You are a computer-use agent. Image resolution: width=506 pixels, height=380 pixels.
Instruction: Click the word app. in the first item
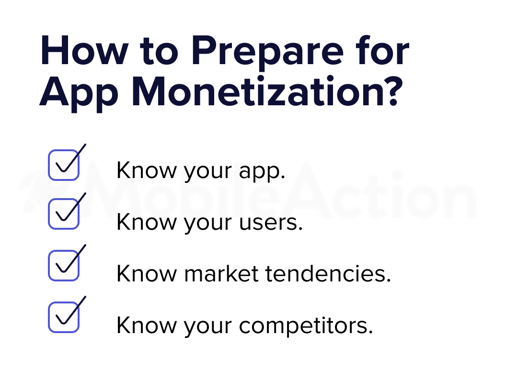pyautogui.click(x=262, y=171)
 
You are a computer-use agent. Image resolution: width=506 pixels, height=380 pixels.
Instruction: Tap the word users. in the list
pyautogui.click(x=271, y=223)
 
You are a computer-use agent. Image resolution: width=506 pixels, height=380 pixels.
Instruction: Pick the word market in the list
pyautogui.click(x=221, y=274)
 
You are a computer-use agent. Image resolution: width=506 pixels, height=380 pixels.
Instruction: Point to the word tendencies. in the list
pyautogui.click(x=328, y=274)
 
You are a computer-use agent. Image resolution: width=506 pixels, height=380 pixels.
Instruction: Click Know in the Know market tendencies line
pyautogui.click(x=147, y=274)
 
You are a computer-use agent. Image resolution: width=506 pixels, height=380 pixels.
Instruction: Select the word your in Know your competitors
pyautogui.click(x=208, y=327)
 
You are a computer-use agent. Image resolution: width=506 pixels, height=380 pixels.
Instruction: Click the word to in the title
pyautogui.click(x=159, y=53)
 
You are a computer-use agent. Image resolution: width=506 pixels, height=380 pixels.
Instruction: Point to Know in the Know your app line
pyautogui.click(x=147, y=170)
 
